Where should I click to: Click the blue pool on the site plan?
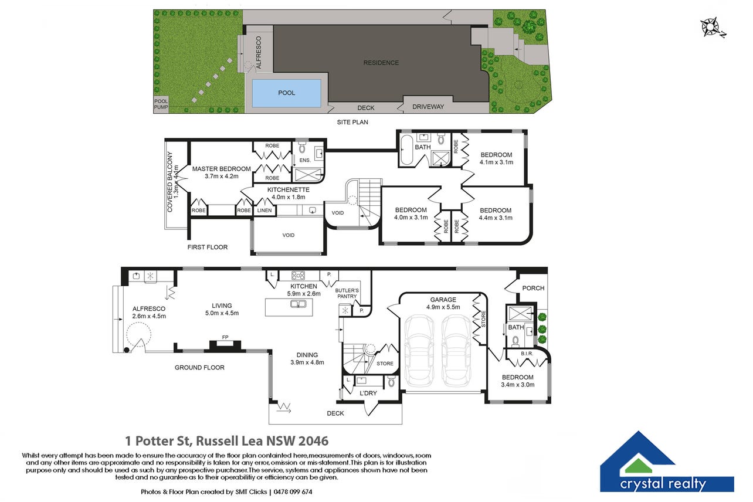[286, 93]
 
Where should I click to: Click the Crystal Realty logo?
[666, 462]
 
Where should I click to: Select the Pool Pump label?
[161, 104]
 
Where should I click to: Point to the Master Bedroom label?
[221, 169]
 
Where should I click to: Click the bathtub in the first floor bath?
[406, 150]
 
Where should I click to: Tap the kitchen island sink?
[298, 304]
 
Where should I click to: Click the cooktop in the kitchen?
[298, 276]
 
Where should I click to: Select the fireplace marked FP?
[225, 345]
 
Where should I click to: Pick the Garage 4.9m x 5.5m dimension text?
[443, 307]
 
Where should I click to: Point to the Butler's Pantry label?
[347, 293]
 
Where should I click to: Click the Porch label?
[533, 288]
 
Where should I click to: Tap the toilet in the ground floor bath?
[515, 341]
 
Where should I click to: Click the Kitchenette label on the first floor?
[288, 189]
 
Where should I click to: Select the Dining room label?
[307, 355]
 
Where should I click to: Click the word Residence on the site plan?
[381, 63]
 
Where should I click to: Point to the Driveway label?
[428, 107]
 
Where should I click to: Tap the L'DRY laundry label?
[368, 393]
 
